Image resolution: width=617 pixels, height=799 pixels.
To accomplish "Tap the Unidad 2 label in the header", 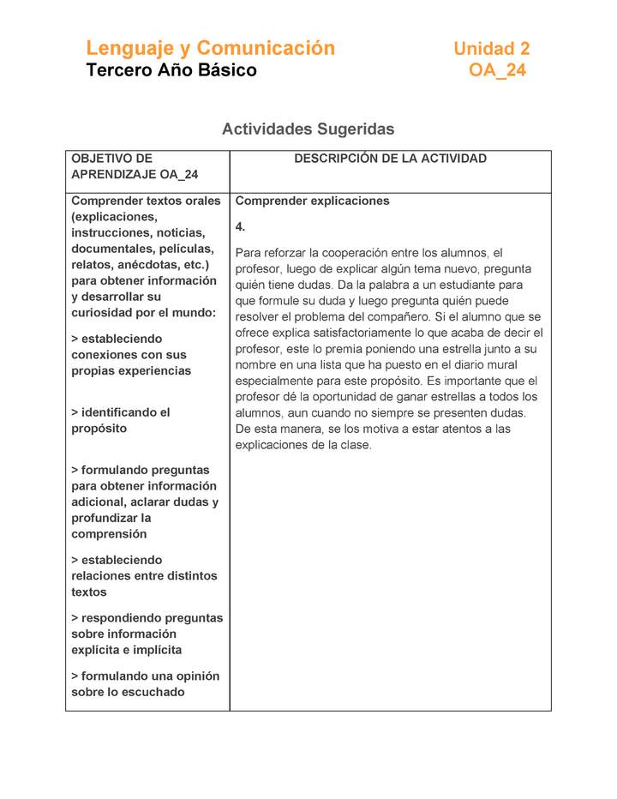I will pyautogui.click(x=491, y=49).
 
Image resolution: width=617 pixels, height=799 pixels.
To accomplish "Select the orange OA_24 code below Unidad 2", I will pyautogui.click(x=497, y=70).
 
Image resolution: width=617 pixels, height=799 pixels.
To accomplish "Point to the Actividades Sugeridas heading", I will pyautogui.click(x=308, y=129).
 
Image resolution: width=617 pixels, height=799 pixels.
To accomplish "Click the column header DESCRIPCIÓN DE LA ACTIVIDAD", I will pyautogui.click(x=390, y=159).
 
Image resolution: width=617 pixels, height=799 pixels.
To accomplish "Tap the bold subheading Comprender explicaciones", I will pyautogui.click(x=312, y=201).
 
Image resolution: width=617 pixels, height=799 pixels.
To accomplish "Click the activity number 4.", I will pyautogui.click(x=240, y=227).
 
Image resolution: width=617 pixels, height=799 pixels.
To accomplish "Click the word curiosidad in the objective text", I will pyautogui.click(x=104, y=313).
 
